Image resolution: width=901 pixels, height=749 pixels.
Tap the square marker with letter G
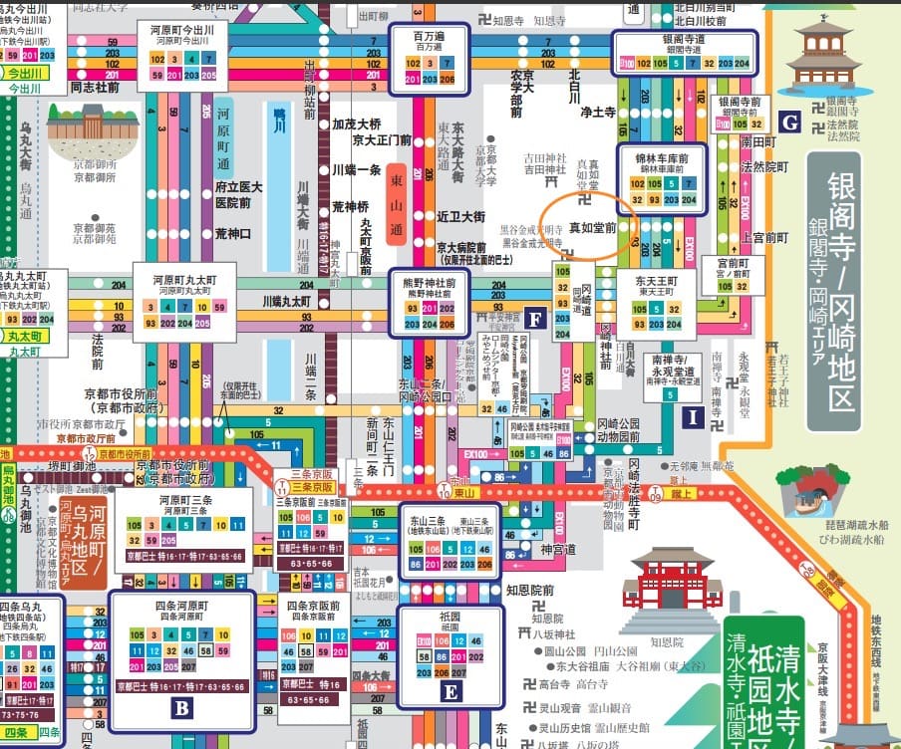click(790, 124)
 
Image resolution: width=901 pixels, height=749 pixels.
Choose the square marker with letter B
click(181, 708)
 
